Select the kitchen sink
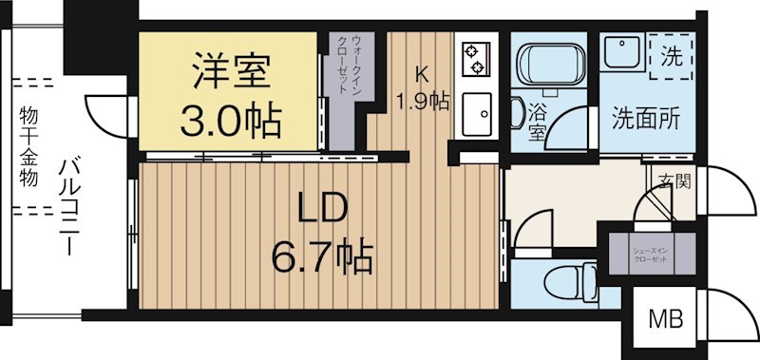pyautogui.click(x=474, y=114)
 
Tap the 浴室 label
pyautogui.click(x=536, y=122)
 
